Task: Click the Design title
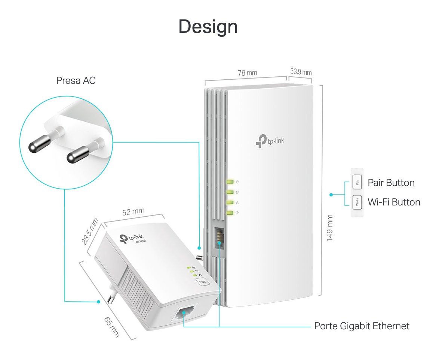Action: click(208, 27)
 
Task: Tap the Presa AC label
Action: click(76, 80)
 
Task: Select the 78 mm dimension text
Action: click(248, 73)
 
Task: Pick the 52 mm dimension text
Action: click(133, 212)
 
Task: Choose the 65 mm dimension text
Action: click(112, 327)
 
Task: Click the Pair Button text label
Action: click(391, 183)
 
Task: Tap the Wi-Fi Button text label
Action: click(394, 202)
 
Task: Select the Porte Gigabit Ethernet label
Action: click(362, 326)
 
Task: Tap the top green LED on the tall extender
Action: click(230, 182)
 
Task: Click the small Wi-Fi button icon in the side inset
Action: click(357, 203)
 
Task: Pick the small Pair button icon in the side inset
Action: click(357, 183)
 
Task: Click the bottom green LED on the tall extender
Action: click(230, 213)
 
